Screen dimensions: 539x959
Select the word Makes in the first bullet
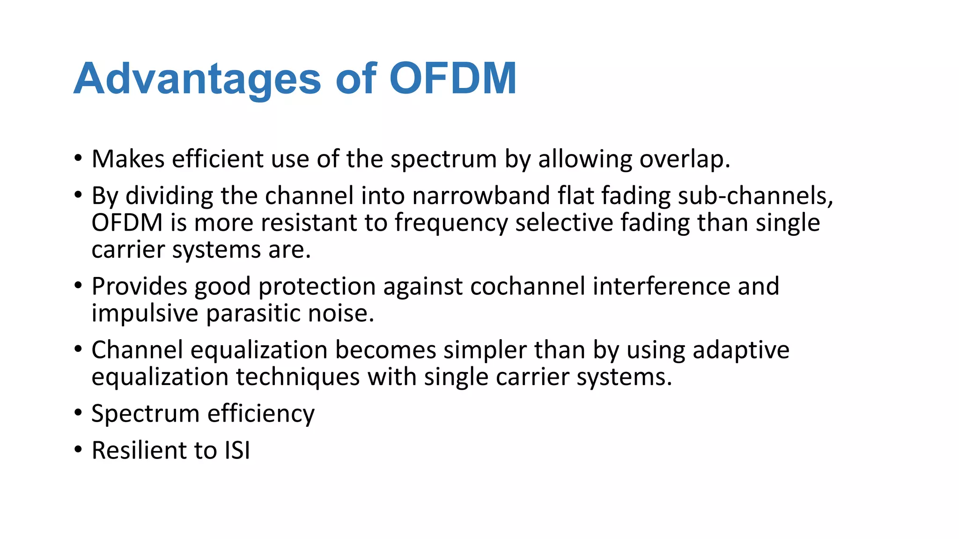[128, 159]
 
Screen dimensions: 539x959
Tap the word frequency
[451, 223]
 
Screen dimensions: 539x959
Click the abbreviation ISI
[237, 450]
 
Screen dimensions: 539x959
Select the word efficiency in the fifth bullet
[261, 414]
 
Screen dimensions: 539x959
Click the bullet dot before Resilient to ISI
[78, 450]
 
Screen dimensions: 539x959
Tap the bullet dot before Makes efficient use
[78, 159]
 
